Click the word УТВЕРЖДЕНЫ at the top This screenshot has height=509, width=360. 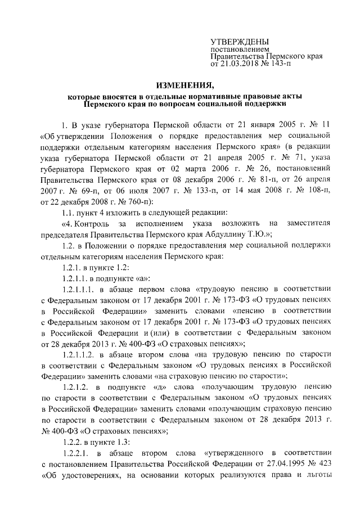click(240, 42)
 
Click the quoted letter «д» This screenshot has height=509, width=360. click(161, 394)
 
